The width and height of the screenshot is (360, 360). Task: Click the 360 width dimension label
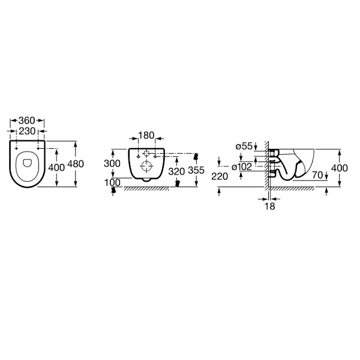26,121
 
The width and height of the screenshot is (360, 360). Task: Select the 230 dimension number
27,131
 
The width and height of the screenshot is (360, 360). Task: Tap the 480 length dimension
76,164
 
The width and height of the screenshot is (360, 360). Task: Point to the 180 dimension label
146,136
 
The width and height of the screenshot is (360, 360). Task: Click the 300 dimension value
112,163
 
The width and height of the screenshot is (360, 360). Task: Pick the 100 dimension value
112,183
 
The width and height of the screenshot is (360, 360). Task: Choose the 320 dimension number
176,171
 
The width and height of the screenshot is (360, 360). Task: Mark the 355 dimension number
196,170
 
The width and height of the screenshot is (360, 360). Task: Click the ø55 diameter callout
244,146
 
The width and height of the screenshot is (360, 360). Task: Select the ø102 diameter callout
242,167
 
